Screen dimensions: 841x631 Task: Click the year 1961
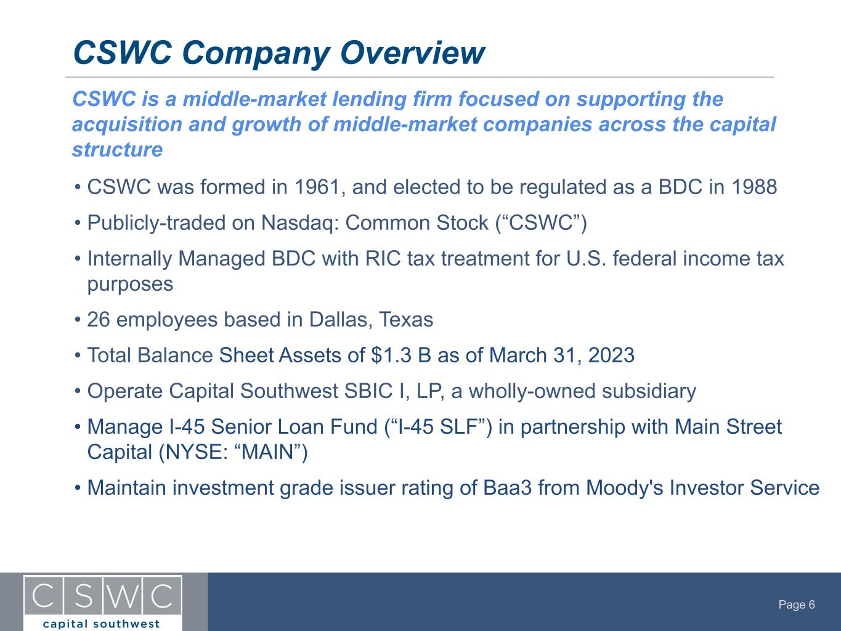318,187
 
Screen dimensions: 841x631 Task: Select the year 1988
754,187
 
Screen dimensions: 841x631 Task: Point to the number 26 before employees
99,320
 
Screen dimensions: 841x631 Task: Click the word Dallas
341,320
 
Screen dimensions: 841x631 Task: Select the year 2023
611,355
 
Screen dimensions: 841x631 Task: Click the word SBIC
368,391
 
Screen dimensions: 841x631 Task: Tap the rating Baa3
507,487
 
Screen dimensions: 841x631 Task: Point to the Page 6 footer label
797,605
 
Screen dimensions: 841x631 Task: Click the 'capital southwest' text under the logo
101,624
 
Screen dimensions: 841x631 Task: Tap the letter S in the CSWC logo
84,596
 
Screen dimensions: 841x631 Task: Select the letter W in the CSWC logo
123,596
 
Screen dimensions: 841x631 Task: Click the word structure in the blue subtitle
117,149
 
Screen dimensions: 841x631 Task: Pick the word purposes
130,285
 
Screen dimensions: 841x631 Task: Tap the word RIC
383,259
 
